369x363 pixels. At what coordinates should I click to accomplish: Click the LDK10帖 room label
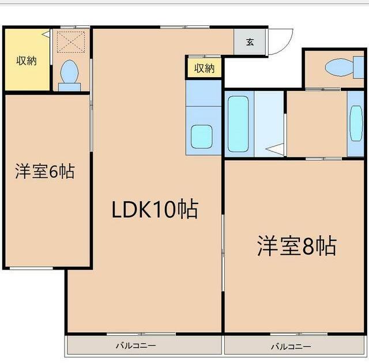tap(155, 210)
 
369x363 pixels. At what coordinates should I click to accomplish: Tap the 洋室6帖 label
tap(45, 171)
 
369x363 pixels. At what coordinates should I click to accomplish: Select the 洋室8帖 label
tap(296, 246)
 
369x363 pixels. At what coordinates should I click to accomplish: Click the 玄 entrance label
tap(250, 41)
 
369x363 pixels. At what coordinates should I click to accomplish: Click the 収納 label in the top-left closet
tap(27, 60)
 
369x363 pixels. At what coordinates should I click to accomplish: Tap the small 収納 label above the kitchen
tap(204, 68)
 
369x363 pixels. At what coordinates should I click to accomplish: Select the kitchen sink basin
tap(202, 137)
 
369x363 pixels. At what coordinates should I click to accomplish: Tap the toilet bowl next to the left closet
tap(70, 73)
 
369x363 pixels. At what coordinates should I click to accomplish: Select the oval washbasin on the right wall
tap(356, 123)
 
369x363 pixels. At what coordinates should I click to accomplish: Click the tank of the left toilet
tap(70, 87)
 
